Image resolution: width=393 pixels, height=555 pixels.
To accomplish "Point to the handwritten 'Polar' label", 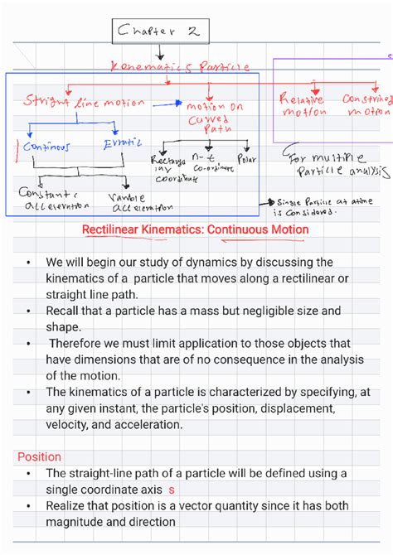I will point(247,157).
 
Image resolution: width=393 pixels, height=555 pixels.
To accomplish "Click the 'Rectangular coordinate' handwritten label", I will point(172,167).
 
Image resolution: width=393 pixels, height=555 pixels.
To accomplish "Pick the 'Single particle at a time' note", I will point(315,205).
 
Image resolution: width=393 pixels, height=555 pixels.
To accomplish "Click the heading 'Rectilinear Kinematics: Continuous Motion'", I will point(195,229).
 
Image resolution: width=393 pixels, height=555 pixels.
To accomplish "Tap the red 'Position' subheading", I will point(39,456).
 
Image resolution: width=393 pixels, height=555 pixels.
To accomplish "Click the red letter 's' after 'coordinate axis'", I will point(172,490).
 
